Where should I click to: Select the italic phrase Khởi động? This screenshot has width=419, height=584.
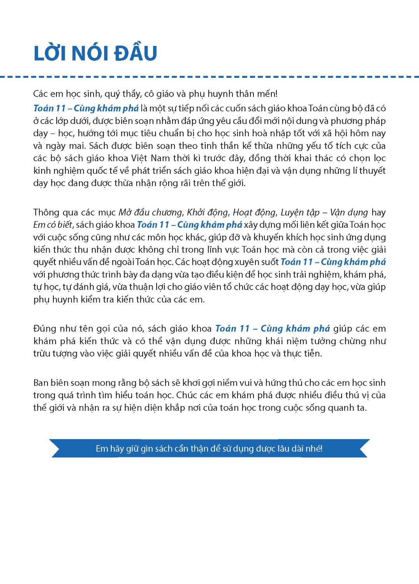(208, 213)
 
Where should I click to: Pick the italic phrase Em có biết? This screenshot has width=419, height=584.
(53, 225)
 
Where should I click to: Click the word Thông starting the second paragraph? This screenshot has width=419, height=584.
(46, 213)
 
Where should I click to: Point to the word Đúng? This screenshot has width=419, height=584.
(44, 329)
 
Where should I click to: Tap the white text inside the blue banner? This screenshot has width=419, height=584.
(209, 449)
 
